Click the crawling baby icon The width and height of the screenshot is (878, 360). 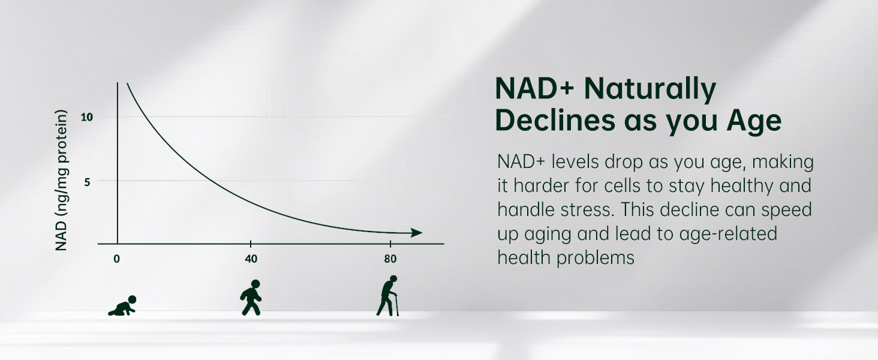122,306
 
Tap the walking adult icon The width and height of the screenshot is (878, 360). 251,297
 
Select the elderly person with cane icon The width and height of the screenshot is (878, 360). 387,296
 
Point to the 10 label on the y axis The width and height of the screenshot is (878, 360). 87,117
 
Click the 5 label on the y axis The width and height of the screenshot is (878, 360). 87,182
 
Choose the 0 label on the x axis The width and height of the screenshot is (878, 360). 116,259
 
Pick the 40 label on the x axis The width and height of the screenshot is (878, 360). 251,259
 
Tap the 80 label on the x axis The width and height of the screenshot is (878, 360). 390,259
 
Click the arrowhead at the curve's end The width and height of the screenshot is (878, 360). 416,233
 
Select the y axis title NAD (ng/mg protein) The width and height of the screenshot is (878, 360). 61,180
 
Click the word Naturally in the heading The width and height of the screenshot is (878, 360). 650,89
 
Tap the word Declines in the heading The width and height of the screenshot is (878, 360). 555,120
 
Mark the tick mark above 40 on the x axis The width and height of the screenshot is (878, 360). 251,244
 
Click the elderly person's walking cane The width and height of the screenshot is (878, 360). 396,305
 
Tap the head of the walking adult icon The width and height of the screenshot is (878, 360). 255,284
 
